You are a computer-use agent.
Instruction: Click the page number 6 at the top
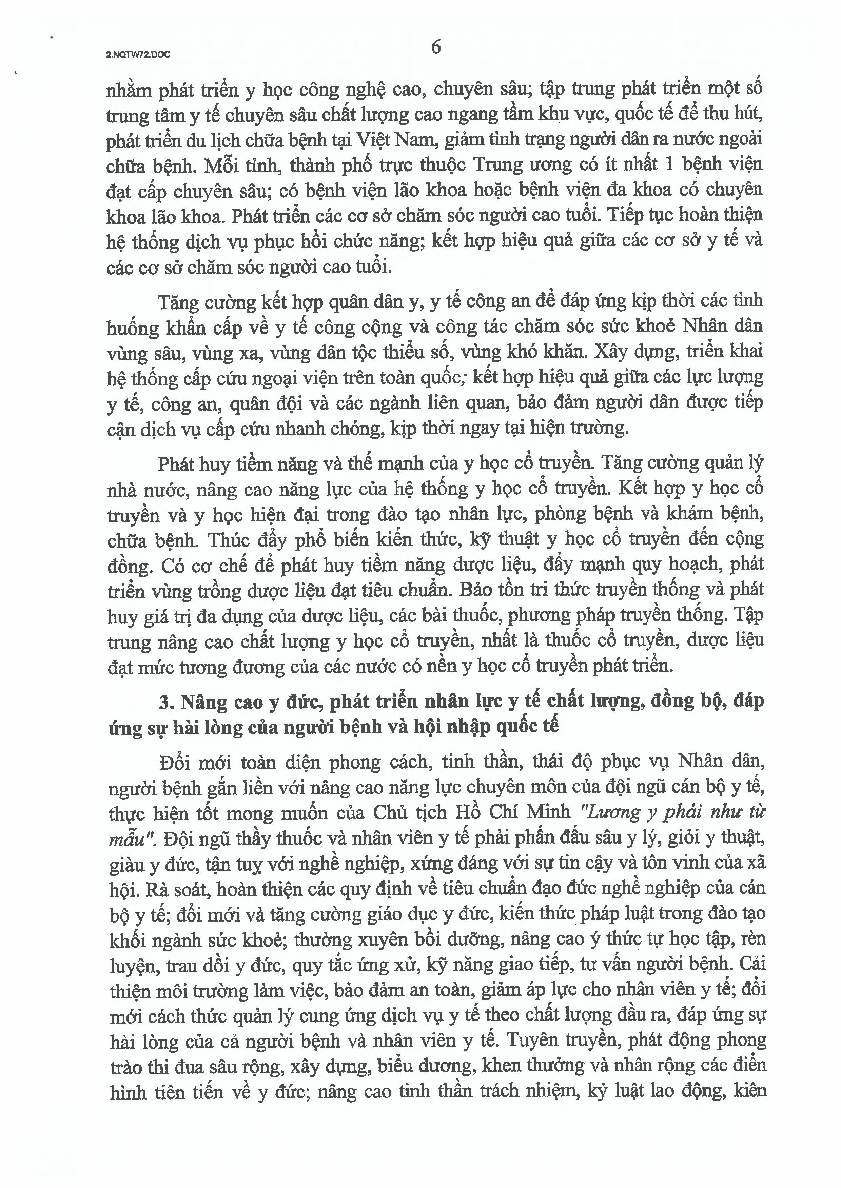coord(436,47)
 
